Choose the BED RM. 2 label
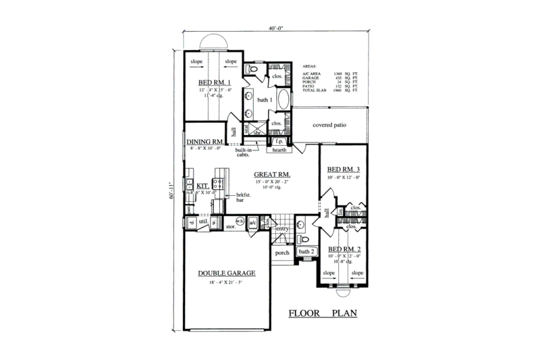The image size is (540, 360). pyautogui.click(x=344, y=249)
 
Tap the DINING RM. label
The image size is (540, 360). pyautogui.click(x=206, y=141)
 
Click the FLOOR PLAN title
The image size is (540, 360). pyautogui.click(x=322, y=313)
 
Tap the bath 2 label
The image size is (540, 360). pyautogui.click(x=306, y=251)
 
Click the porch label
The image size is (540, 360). pyautogui.click(x=281, y=253)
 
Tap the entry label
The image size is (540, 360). pyautogui.click(x=282, y=230)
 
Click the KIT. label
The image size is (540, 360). pyautogui.click(x=201, y=184)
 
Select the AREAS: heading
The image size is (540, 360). pyautogui.click(x=310, y=67)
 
